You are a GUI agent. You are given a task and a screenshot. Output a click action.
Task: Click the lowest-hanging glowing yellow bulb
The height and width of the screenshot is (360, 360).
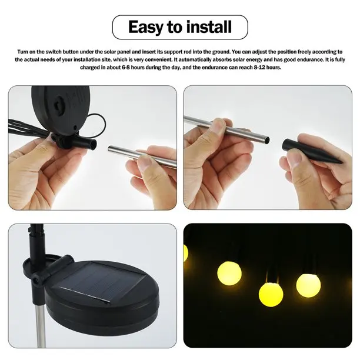click(x=271, y=292)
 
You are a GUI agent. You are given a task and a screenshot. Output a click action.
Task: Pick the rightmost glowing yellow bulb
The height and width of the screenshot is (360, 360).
click(x=308, y=285)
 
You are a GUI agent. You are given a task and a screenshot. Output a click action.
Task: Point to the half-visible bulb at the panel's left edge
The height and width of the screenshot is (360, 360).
click(x=186, y=253)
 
